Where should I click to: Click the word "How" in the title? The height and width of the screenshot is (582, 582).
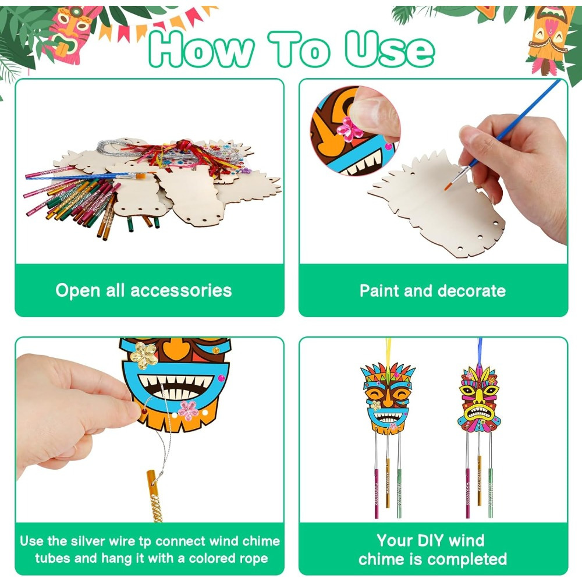(201, 49)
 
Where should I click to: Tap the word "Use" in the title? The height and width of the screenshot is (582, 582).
(389, 49)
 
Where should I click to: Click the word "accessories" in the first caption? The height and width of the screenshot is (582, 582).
(181, 290)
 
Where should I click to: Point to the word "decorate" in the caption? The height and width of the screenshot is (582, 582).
(471, 290)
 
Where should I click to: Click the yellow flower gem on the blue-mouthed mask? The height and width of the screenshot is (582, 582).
(144, 356)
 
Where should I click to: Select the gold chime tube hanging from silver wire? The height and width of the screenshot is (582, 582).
(154, 496)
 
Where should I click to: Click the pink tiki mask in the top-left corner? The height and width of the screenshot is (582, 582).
(70, 33)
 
